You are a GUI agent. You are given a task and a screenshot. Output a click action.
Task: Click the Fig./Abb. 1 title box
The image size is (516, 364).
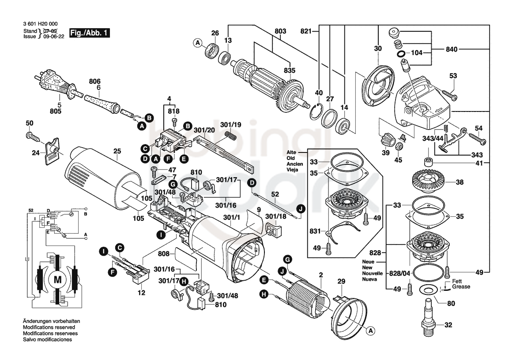[x=89, y=33]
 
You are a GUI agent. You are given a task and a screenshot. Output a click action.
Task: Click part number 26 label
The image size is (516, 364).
[x=215, y=33]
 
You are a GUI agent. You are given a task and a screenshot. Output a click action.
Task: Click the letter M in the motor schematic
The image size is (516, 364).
[x=57, y=280]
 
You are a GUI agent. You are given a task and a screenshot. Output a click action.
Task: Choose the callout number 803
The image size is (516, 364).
[x=280, y=31]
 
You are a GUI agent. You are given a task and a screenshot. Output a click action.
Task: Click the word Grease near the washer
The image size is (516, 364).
[x=461, y=287]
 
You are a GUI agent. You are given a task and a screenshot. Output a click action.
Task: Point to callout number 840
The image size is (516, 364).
[x=452, y=49]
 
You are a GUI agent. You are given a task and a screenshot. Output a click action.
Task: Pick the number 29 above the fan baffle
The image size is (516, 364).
[x=341, y=281]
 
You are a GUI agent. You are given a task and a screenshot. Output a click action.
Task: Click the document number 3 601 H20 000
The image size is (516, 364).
[x=41, y=24]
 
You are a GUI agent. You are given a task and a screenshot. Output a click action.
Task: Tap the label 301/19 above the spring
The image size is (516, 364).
[x=231, y=125]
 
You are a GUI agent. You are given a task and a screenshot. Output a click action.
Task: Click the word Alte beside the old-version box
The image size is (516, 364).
[x=291, y=152]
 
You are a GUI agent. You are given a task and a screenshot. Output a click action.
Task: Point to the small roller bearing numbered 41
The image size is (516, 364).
[x=428, y=162]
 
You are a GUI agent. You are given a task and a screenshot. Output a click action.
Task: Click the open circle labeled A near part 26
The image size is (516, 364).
[x=198, y=43]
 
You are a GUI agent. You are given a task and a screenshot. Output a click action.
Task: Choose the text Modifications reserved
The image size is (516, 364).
[x=49, y=327]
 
